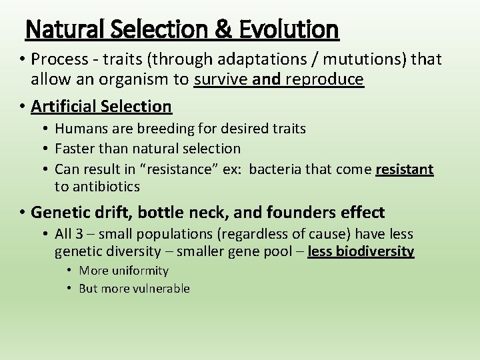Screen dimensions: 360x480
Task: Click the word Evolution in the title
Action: (x=291, y=29)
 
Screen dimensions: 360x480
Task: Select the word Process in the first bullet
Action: (x=59, y=60)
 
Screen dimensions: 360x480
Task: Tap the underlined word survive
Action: (x=222, y=80)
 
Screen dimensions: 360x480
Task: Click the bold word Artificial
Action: (x=65, y=106)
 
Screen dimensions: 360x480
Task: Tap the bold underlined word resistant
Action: (x=405, y=169)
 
